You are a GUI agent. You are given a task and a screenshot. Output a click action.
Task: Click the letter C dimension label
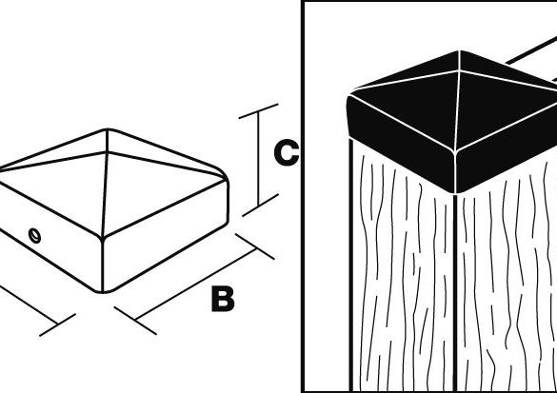point(287,152)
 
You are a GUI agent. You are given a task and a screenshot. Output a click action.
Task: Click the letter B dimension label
point(223,299)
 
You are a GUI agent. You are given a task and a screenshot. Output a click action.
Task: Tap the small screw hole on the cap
point(34,235)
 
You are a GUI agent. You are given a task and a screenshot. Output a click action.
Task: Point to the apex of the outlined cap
point(108,130)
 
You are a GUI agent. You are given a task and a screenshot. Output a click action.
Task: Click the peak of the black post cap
point(459,51)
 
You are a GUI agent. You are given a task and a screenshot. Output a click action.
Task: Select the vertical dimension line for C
point(258,158)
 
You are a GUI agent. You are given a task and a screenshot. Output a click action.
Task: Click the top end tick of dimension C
point(258,110)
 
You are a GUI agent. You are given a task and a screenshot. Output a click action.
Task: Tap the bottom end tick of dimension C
point(260,205)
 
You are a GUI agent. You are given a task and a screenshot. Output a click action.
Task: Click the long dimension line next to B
point(196,285)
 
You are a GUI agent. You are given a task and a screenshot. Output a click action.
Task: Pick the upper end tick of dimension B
point(255,246)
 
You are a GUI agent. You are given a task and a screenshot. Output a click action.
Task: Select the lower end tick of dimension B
point(135,321)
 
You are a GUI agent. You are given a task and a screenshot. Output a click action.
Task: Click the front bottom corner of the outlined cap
point(103,292)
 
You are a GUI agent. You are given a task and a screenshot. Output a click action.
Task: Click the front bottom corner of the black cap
point(455,193)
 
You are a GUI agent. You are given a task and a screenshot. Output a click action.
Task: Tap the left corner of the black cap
point(348,98)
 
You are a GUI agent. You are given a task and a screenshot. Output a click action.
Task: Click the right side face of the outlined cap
point(165,236)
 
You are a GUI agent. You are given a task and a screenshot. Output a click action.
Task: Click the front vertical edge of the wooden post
point(455,292)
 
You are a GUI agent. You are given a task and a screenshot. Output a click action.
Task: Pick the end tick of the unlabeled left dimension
point(57,324)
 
